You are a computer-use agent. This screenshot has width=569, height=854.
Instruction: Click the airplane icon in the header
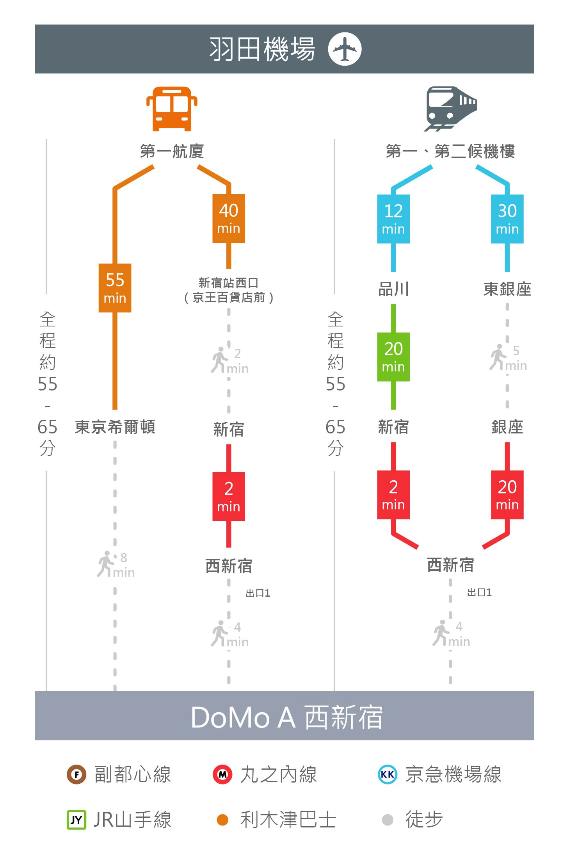click(x=345, y=49)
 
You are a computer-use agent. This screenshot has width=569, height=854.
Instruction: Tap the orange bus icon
click(x=172, y=109)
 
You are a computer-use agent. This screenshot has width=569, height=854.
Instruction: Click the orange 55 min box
click(x=115, y=288)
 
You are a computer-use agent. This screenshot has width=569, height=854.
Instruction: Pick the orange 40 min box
click(x=229, y=218)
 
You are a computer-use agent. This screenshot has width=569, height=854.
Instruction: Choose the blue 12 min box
click(x=393, y=219)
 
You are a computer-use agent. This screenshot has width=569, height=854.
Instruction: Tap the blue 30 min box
click(x=507, y=219)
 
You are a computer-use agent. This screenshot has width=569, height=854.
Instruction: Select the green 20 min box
click(x=393, y=357)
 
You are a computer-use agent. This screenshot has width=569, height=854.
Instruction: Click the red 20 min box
click(x=507, y=495)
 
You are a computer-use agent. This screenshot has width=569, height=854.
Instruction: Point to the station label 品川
click(x=393, y=289)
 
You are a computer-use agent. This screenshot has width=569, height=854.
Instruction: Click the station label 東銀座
click(x=507, y=289)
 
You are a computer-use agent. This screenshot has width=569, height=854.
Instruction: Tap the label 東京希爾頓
click(x=115, y=427)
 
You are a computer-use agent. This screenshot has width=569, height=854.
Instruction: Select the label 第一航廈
click(x=172, y=151)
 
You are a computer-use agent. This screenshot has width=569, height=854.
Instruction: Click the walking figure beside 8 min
click(x=105, y=564)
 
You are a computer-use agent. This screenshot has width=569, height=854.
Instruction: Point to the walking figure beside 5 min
click(x=498, y=357)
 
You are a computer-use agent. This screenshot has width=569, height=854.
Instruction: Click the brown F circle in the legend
click(x=76, y=774)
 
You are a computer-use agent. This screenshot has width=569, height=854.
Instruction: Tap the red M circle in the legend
click(x=222, y=774)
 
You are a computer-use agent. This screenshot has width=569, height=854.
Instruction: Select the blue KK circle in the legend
click(x=388, y=774)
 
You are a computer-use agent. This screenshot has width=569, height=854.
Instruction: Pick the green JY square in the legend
click(x=76, y=820)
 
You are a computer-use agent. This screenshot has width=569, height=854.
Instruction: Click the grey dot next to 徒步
click(x=388, y=820)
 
